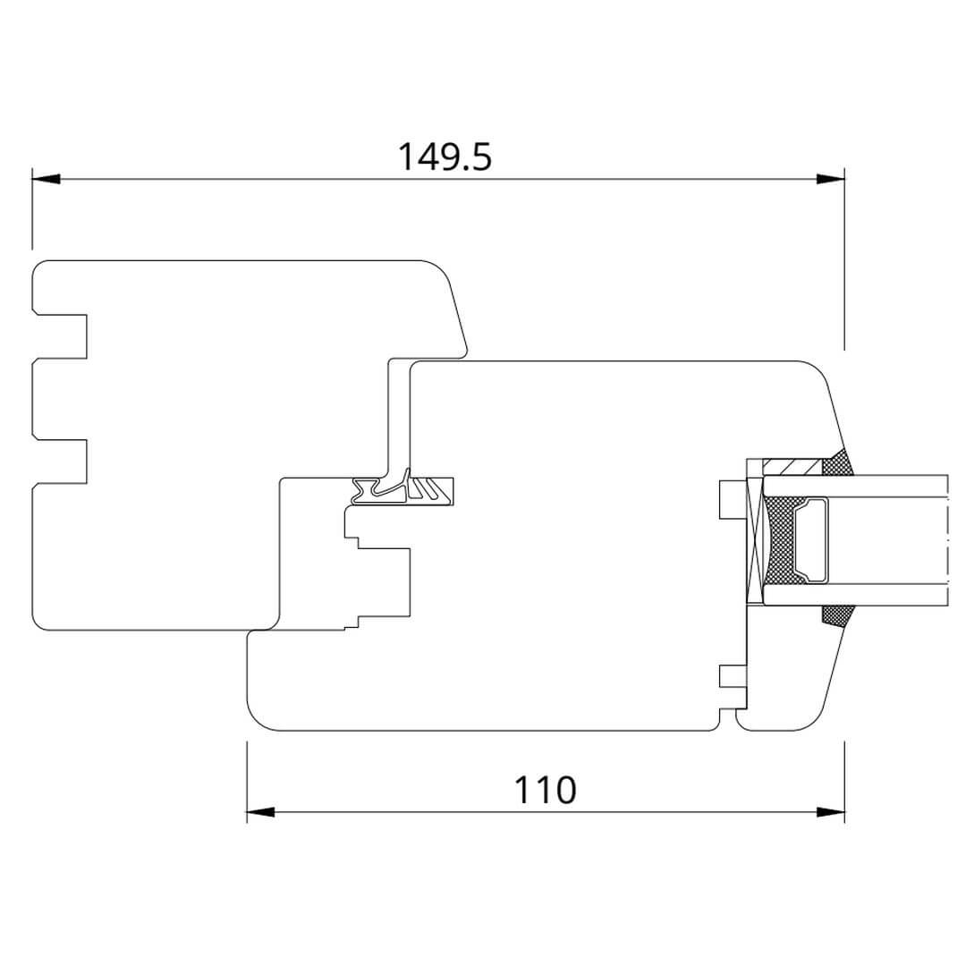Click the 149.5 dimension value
[445, 157]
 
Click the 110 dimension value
[546, 790]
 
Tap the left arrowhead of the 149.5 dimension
[47, 179]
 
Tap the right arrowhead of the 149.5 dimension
[830, 179]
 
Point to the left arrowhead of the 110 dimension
[260, 812]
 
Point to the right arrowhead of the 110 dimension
[830, 812]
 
